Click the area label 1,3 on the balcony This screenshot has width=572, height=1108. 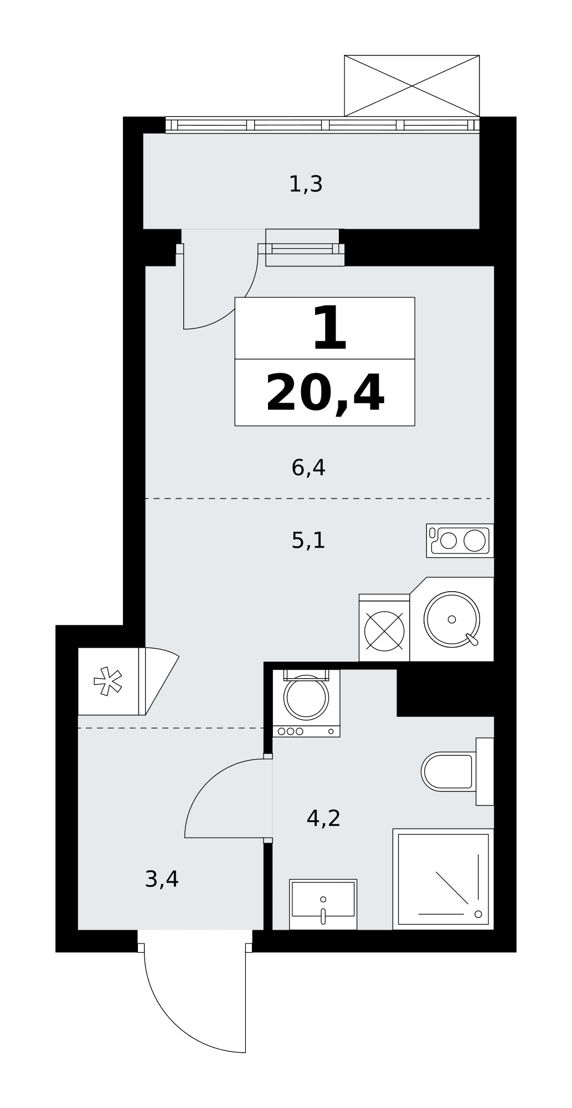pyautogui.click(x=306, y=184)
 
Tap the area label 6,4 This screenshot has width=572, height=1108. pyautogui.click(x=308, y=468)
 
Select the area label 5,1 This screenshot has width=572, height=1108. pyautogui.click(x=308, y=540)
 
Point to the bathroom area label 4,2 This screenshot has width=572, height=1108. pyautogui.click(x=323, y=818)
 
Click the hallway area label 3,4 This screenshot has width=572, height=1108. pyautogui.click(x=162, y=879)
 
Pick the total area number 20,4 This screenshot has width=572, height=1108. pyautogui.click(x=325, y=393)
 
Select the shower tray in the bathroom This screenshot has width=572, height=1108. pyautogui.click(x=443, y=879)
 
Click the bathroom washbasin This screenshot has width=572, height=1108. pyautogui.click(x=323, y=904)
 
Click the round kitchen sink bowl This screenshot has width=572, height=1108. pyautogui.click(x=452, y=619)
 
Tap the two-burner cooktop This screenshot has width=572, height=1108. pyautogui.click(x=460, y=541)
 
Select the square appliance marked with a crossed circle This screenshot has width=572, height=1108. pyautogui.click(x=384, y=628)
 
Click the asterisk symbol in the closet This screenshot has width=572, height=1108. pyautogui.click(x=108, y=681)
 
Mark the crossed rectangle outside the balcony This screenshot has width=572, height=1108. pyautogui.click(x=412, y=86)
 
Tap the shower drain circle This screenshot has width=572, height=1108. pyautogui.click(x=478, y=914)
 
